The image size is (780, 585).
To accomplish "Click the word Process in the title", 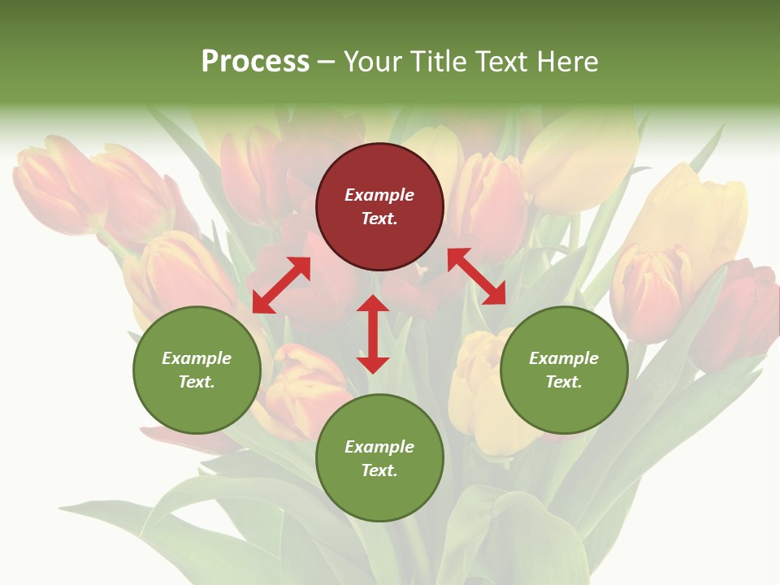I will click(255, 62).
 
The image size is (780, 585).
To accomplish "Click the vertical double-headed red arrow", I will click(373, 334).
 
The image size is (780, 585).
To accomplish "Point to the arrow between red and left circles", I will click(281, 284).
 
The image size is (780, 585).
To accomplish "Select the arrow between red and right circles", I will click(477, 276).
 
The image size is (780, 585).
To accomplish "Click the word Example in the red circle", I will click(379, 195).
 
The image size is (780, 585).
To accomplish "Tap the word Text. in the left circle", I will click(197, 382).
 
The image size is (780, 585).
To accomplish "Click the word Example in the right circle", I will click(564, 358).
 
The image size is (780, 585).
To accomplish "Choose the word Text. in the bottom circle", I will click(379, 470).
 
